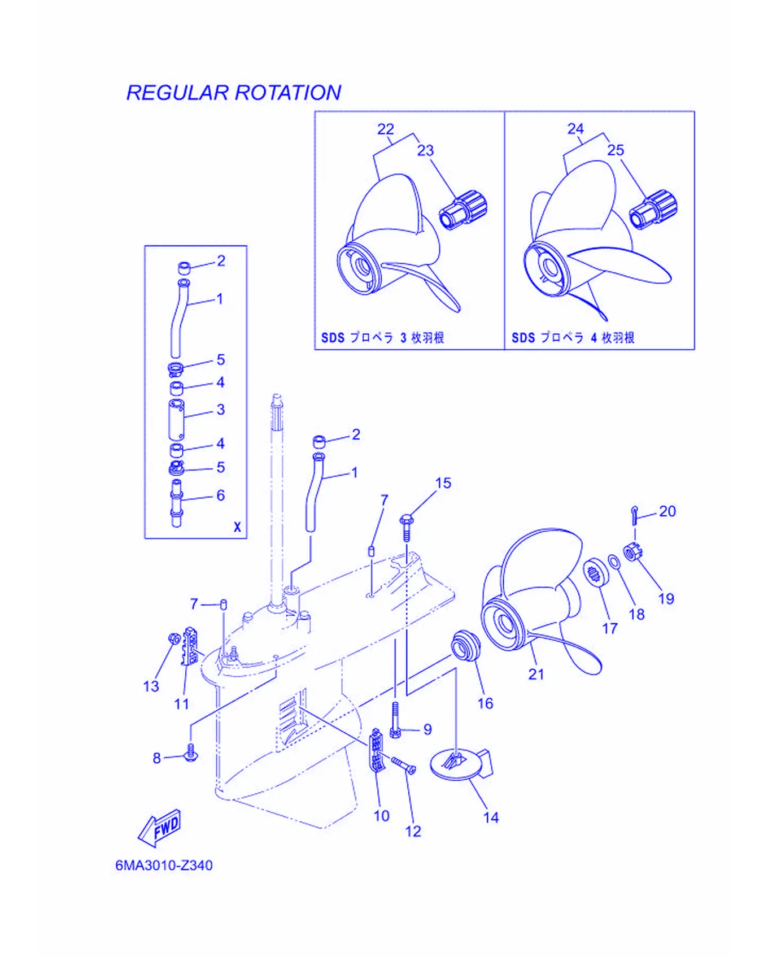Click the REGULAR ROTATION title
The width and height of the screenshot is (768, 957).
[x=233, y=93]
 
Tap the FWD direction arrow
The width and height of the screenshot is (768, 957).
[x=160, y=828]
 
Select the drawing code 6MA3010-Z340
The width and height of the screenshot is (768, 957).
[x=164, y=865]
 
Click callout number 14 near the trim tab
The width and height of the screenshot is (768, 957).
[x=491, y=817]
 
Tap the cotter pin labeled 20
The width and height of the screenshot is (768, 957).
[x=635, y=516]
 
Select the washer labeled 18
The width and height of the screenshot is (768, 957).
[x=613, y=562]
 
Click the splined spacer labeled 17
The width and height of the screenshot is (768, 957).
[x=594, y=572]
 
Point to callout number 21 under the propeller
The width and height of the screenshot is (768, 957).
[x=536, y=674]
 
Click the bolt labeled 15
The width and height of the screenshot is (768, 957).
[x=407, y=527]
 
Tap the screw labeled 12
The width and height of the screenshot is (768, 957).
[x=403, y=765]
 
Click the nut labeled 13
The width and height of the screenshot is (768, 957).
[x=174, y=638]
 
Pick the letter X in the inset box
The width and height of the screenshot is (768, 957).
[x=237, y=527]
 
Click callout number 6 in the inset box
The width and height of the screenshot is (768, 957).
[x=220, y=495]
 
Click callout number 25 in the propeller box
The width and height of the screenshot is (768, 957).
[x=616, y=150]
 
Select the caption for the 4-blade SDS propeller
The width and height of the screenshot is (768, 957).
[x=573, y=338]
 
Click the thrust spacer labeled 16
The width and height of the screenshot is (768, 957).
[x=465, y=645]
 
